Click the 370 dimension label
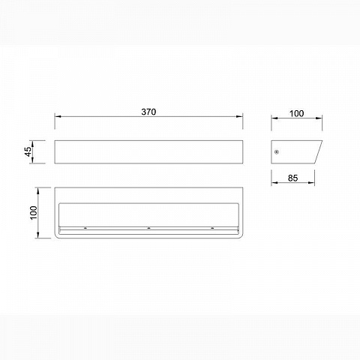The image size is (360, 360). coord(148,112)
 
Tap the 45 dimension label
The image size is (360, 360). coord(28,151)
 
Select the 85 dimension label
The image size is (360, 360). coord(292,178)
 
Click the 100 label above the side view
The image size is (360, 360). coord(296,113)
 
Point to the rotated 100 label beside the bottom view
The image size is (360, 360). coord(34,213)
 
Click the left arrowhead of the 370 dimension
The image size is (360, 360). coord(58,116)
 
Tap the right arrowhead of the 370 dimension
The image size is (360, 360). coord(239,116)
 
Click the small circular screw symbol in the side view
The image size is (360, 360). coord(277,152)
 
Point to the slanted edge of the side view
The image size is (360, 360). coord(318,152)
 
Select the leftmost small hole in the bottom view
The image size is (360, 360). coord(85,228)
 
